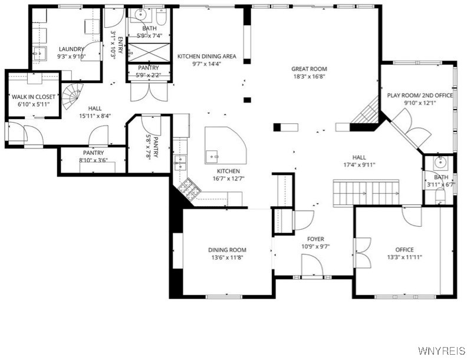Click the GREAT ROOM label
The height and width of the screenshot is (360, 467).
tap(309, 68)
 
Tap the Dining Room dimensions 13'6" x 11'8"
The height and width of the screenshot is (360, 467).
tap(227, 257)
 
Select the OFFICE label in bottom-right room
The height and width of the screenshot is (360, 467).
tap(404, 249)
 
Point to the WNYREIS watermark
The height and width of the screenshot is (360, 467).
tap(441, 351)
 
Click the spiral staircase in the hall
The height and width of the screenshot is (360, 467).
tap(73, 93)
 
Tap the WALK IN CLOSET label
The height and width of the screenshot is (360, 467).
tap(33, 97)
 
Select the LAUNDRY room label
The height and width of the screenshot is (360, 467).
tap(71, 49)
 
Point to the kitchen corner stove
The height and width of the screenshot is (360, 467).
tap(189, 188)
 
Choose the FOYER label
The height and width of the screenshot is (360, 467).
tap(315, 239)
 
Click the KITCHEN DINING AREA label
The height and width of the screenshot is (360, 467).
tap(206, 57)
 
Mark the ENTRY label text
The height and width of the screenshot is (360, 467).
tap(120, 46)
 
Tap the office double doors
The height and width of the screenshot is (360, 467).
tap(362, 251)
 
